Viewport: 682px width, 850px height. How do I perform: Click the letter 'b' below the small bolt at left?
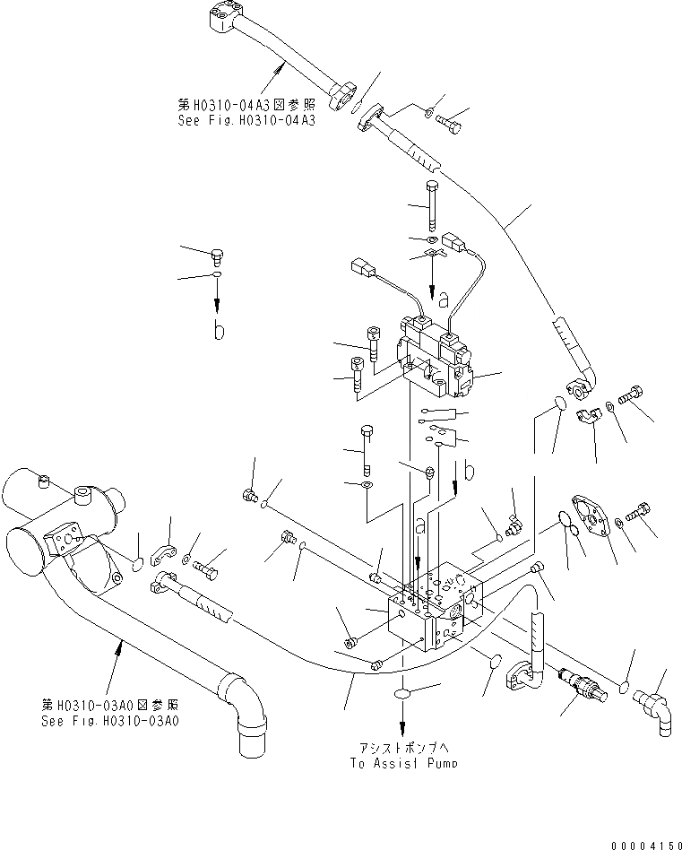pyautogui.click(x=218, y=330)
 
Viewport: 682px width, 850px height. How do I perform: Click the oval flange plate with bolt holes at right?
pyautogui.click(x=589, y=517)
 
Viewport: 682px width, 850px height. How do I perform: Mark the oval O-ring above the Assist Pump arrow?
pyautogui.click(x=401, y=695)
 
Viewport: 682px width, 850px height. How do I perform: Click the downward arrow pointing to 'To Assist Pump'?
pyautogui.click(x=401, y=722)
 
